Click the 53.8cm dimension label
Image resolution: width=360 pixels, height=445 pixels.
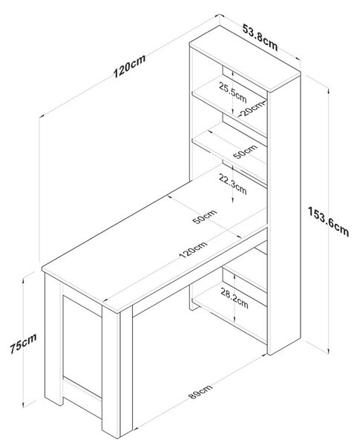[260, 37]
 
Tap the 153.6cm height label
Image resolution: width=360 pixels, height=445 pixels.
[328, 222]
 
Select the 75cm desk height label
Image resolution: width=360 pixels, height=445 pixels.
[23, 343]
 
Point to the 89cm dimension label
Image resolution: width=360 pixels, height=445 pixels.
[200, 392]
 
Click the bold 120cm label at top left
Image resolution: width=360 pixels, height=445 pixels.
[129, 66]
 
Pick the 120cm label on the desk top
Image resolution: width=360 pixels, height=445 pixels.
[193, 249]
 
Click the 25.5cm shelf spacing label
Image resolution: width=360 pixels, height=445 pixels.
[232, 92]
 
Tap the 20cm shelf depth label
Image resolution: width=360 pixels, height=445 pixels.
[252, 108]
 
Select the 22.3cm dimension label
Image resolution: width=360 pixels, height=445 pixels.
[232, 184]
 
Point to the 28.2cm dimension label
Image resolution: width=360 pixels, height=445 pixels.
[235, 299]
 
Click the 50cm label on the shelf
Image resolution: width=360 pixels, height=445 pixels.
[245, 151]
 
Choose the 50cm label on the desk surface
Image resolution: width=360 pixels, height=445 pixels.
[204, 217]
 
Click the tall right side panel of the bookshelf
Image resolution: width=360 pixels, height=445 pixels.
[284, 216]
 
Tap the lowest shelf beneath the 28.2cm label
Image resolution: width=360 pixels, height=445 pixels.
[229, 314]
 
